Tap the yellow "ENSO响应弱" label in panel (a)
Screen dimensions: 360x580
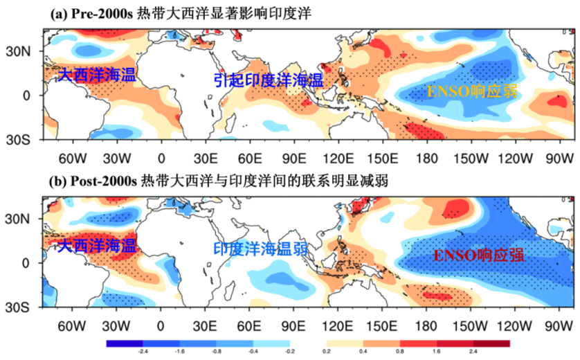coord(472,91)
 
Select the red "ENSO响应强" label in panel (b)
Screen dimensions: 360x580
coord(477,255)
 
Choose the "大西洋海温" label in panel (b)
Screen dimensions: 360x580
coord(96,244)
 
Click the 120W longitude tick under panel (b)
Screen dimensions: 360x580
coord(510,323)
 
